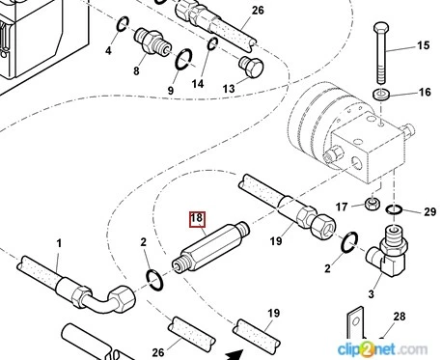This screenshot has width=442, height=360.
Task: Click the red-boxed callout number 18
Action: click(197, 218)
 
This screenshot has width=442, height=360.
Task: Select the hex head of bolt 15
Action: click(381, 27)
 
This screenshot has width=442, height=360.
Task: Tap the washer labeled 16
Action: click(381, 95)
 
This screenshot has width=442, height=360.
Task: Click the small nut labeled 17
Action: click(373, 203)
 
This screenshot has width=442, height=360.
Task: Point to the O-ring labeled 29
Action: click(394, 209)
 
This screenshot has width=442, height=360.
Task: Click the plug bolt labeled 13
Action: click(251, 67)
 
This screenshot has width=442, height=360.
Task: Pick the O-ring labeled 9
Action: click(183, 59)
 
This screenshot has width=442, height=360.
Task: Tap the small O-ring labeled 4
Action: click(123, 24)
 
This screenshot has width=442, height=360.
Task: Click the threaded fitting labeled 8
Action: click(152, 42)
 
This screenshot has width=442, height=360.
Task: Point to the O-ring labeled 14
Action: click(212, 44)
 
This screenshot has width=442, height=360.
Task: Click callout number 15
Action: click(423, 45)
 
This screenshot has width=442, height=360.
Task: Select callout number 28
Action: click(400, 317)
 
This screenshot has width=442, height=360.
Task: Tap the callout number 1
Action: click(59, 243)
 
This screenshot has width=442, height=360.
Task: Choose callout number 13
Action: click(229, 88)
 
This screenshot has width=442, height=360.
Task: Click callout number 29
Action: click(429, 211)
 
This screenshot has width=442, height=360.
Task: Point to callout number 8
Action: click(136, 70)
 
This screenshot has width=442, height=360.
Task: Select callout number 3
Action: click(371, 293)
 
